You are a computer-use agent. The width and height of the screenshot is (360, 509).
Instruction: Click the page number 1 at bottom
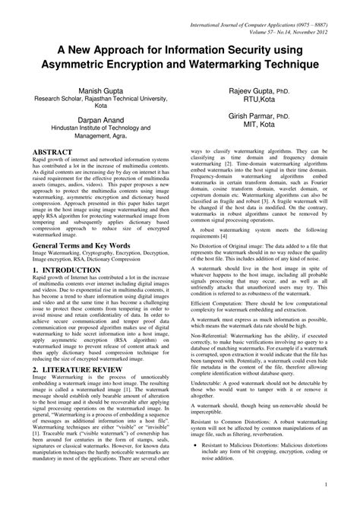click(325, 483)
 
